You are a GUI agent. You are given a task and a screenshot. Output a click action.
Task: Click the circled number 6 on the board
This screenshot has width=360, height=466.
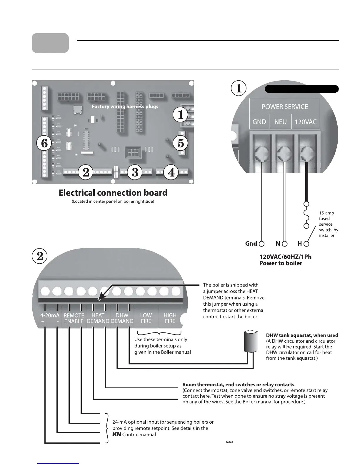pyautogui.click(x=44, y=143)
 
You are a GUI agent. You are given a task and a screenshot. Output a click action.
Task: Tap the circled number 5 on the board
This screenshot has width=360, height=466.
pyautogui.click(x=181, y=143)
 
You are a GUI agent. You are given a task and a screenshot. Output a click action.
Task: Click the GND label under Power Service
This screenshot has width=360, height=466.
pyautogui.click(x=259, y=122)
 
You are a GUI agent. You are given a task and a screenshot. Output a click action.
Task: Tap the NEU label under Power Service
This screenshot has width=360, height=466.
pyautogui.click(x=280, y=122)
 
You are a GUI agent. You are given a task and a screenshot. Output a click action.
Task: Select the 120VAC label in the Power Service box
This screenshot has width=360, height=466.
pyautogui.click(x=305, y=122)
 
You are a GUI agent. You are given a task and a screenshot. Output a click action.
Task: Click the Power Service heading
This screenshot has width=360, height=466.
pyautogui.click(x=285, y=106)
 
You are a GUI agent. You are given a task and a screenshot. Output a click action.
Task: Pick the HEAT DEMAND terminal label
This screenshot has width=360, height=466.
pyautogui.click(x=98, y=318)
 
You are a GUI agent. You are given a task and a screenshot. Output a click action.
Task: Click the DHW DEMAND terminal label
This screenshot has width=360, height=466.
pyautogui.click(x=122, y=318)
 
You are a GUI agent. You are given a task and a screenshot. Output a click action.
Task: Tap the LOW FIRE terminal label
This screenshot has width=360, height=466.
pyautogui.click(x=146, y=318)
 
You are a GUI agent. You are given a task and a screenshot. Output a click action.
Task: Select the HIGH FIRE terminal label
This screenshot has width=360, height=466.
pyautogui.click(x=170, y=318)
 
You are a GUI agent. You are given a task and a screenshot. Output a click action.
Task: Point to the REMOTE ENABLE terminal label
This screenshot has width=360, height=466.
pyautogui.click(x=74, y=318)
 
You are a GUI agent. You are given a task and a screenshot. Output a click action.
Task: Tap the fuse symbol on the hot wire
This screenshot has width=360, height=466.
pyautogui.click(x=306, y=215)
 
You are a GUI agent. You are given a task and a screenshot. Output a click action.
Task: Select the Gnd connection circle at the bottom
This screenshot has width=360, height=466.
pyautogui.click(x=261, y=244)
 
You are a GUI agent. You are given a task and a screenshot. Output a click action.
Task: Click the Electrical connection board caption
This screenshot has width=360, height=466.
pyautogui.click(x=113, y=193)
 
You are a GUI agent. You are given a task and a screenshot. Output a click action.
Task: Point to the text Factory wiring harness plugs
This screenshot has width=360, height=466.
pyautogui.click(x=125, y=106)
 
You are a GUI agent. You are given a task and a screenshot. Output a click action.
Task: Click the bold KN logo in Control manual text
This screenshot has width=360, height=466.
pyautogui.click(x=117, y=435)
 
